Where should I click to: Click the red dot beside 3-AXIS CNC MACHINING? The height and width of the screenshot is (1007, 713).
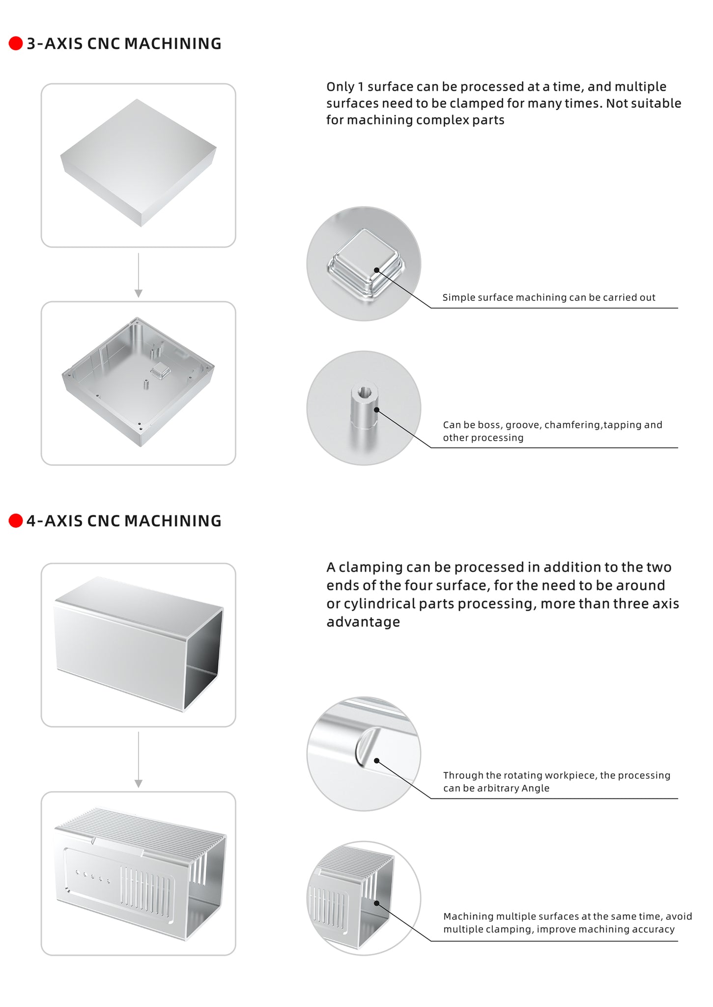point(16,43)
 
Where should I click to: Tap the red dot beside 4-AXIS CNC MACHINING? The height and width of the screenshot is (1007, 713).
point(16,521)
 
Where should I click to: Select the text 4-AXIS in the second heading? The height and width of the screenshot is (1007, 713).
point(55,521)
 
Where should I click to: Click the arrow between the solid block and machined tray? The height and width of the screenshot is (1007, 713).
point(139,275)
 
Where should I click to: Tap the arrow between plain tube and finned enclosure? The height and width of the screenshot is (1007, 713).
point(139,760)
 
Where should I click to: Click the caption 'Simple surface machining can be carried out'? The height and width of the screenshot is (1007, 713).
point(548,297)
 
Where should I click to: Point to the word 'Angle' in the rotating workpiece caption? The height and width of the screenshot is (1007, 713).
point(535,788)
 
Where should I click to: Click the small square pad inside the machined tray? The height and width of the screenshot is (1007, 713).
point(159,371)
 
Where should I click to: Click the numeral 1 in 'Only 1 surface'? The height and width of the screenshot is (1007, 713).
point(361,87)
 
